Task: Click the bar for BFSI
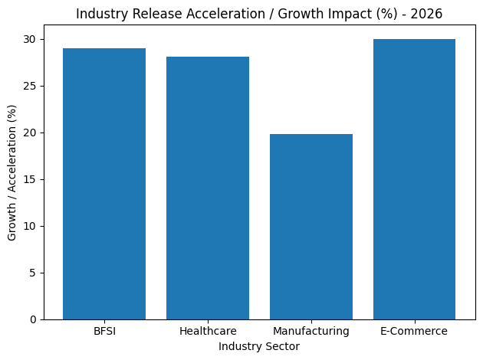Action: (x=104, y=184)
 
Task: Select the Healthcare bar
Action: (x=208, y=188)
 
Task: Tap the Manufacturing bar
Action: (x=311, y=227)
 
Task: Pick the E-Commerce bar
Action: (x=414, y=179)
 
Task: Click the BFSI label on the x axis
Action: (x=104, y=331)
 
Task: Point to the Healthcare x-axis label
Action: (x=208, y=331)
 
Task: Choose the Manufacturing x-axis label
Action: (x=311, y=331)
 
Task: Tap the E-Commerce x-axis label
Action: (x=414, y=331)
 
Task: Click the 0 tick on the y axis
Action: (x=34, y=319)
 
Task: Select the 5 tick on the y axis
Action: (x=34, y=273)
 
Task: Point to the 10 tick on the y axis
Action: (x=31, y=226)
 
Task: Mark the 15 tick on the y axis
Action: (x=31, y=179)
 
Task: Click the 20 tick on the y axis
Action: (x=31, y=133)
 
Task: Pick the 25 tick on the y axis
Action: (x=31, y=86)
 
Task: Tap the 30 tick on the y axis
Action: (x=31, y=39)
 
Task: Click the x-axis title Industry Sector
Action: (x=259, y=346)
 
